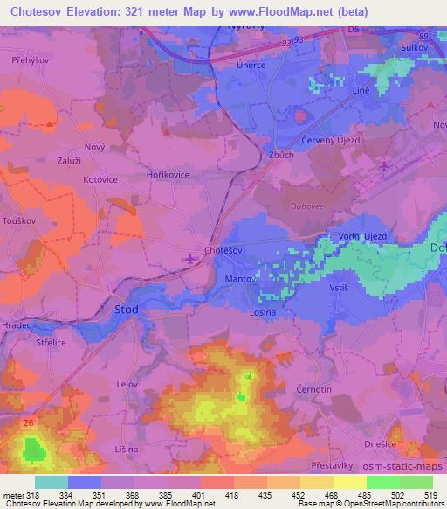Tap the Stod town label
click(126, 310)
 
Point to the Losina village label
click(262, 312)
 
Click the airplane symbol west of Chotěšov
click(193, 258)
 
